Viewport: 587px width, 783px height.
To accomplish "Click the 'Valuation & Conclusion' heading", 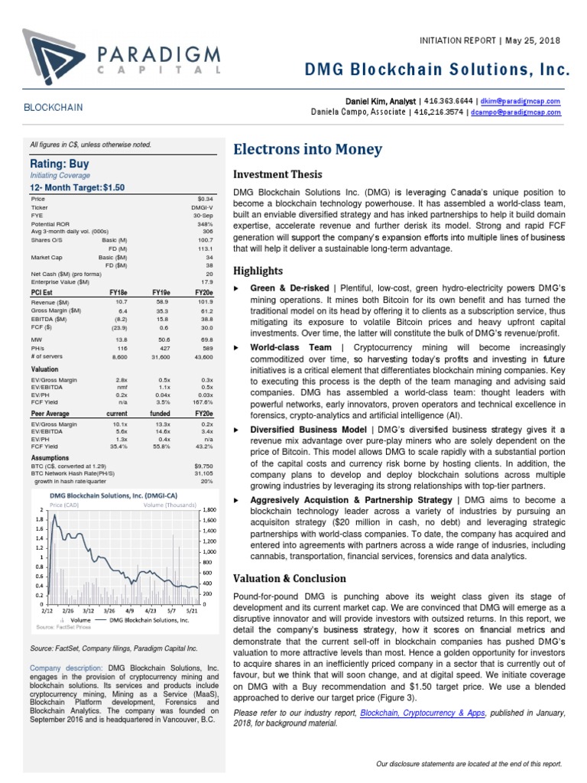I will pos(290,578).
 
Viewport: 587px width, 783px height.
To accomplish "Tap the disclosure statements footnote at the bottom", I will pos(469,763).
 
